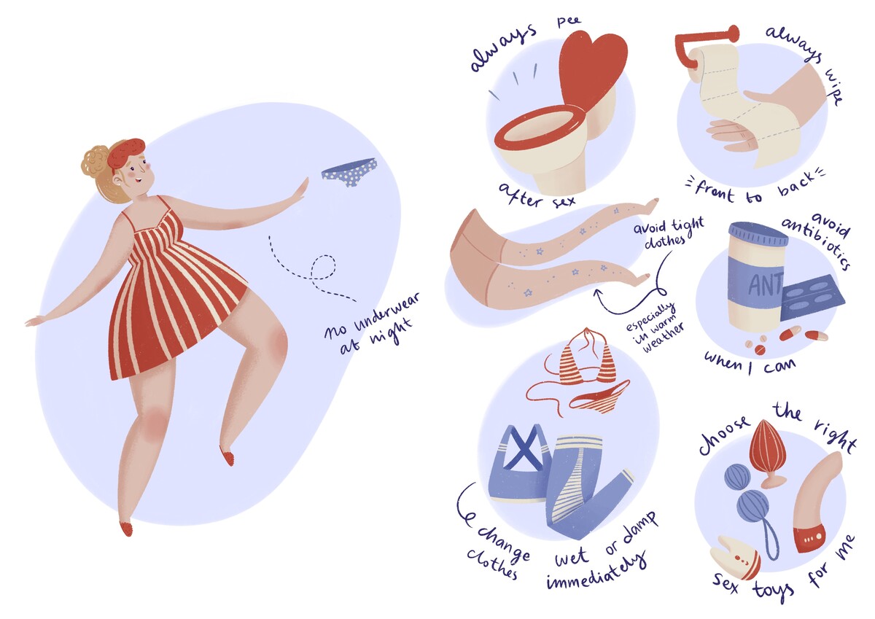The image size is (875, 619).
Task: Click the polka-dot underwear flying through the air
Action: point(349,171)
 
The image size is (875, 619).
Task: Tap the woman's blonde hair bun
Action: point(95,161)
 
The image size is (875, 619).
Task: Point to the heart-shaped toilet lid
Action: point(592,67)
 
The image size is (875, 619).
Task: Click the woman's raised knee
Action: point(276,343)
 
